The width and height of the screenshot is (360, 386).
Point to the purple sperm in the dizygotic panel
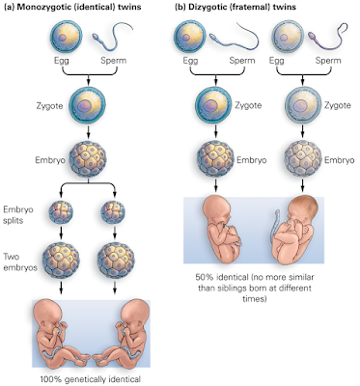(x=333, y=40)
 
